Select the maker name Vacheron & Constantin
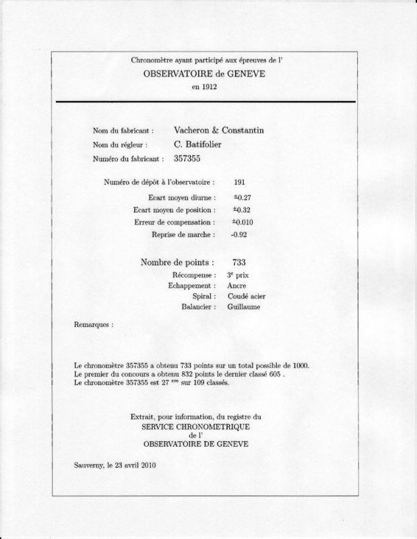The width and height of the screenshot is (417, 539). (218, 131)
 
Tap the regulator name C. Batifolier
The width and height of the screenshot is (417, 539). (201, 145)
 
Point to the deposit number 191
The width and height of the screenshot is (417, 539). (239, 183)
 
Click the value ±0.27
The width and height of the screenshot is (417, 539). (243, 198)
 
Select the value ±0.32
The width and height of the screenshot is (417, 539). (243, 210)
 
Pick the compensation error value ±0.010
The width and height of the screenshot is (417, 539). (245, 222)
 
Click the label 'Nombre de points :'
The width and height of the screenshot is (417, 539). (178, 262)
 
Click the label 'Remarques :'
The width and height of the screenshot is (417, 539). (94, 323)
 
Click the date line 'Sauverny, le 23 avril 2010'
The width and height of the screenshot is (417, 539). (115, 466)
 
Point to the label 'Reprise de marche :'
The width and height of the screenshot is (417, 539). (184, 235)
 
